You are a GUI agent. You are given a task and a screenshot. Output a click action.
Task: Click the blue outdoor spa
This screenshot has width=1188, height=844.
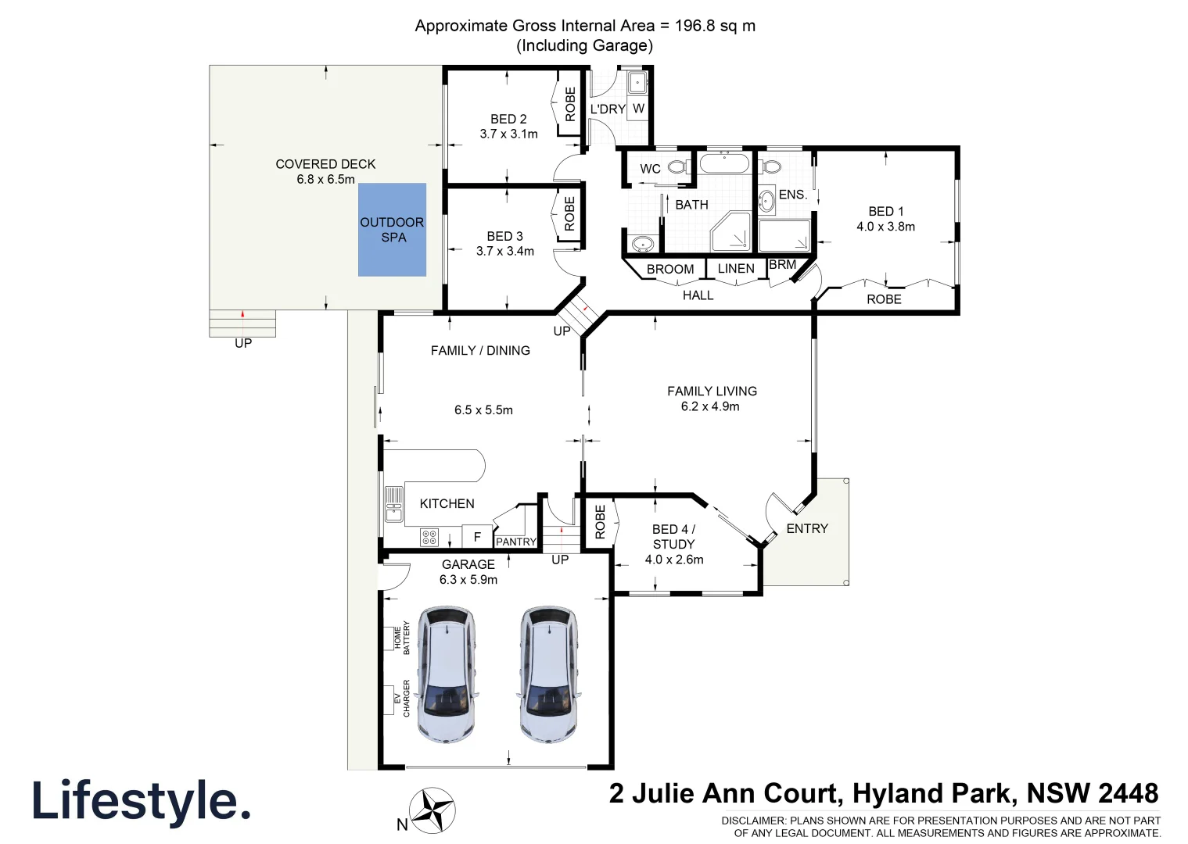[392, 229]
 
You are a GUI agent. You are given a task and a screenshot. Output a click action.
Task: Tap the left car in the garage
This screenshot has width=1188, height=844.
[446, 674]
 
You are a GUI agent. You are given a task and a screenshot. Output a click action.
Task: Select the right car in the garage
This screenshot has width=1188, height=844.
[549, 674]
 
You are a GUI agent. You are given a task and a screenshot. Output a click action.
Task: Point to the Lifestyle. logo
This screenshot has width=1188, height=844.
[142, 802]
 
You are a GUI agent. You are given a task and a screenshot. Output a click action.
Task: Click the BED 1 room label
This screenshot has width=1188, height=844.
[885, 212]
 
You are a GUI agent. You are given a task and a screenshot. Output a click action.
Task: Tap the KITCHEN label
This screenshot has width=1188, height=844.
[447, 504]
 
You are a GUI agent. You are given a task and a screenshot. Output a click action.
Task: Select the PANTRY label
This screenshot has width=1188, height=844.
[516, 542]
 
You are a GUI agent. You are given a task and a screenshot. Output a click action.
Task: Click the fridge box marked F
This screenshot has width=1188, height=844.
[477, 537]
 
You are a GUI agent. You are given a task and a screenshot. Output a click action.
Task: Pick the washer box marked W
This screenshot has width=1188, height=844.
[638, 109]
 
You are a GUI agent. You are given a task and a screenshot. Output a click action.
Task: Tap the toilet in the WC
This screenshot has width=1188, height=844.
[680, 167]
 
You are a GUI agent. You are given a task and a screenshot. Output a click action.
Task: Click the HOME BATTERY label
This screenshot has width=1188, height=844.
[401, 638]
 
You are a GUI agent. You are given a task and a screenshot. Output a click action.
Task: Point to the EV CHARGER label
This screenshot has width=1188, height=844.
[401, 699]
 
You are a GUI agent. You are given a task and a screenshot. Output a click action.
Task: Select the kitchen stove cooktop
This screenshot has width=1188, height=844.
[429, 537]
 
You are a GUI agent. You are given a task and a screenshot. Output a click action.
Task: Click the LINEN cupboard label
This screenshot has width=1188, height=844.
[736, 269]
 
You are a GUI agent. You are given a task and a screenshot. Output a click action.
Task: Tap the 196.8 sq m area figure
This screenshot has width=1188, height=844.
[715, 26]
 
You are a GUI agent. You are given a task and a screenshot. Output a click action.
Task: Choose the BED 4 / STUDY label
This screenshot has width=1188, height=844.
[673, 537]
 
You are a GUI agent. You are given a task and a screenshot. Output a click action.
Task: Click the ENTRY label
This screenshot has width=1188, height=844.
[807, 529]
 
